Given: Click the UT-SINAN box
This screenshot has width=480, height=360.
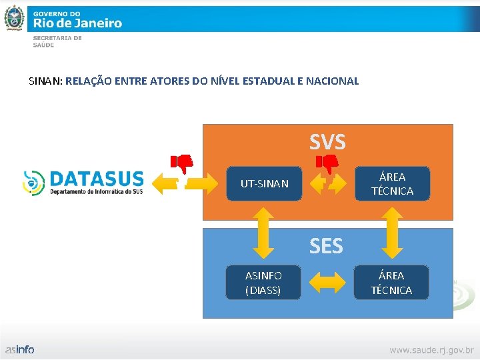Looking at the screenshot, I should [265, 183].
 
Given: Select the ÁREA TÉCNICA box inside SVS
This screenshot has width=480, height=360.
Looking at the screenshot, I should [392, 183].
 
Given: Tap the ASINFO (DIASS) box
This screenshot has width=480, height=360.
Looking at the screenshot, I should [263, 283].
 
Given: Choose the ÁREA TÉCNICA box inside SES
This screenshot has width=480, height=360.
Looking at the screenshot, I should [391, 283].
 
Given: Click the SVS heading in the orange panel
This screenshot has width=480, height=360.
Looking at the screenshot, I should [327, 141].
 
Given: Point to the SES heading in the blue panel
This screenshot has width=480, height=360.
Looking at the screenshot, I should [326, 247].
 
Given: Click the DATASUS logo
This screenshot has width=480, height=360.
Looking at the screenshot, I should [83, 182].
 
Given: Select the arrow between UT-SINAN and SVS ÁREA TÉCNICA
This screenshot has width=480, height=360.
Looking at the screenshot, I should [328, 183].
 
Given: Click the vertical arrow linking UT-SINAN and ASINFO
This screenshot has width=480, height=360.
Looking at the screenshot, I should [264, 231].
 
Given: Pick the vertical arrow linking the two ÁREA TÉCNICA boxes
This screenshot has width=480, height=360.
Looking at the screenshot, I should [391, 231].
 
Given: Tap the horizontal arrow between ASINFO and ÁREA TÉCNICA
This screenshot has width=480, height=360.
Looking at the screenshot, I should [327, 283].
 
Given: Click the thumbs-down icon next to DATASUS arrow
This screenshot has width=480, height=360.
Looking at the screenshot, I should [182, 162].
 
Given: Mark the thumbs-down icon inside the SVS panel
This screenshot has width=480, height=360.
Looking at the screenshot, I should [327, 162].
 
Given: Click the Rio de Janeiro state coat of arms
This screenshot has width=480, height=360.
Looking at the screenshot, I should [14, 17].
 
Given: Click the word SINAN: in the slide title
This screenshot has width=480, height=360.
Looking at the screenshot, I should [46, 81].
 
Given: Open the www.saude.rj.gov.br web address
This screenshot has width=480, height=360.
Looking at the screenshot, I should [431, 349].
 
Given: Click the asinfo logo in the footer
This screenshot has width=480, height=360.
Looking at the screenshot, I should [20, 349].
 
